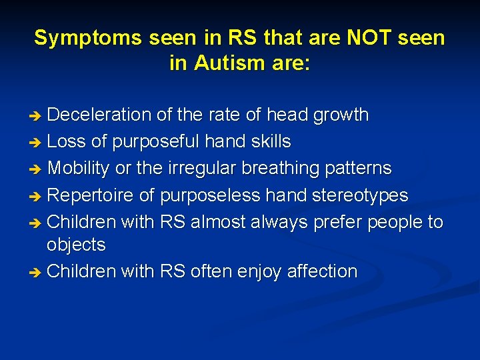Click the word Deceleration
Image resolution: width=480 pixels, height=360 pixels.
[x=100, y=115]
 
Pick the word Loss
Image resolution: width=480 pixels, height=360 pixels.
[x=66, y=141]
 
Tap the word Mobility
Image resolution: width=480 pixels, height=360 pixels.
[x=79, y=168]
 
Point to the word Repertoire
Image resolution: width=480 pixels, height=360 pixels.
[x=89, y=195]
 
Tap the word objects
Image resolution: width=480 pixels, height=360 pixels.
[x=76, y=245]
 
